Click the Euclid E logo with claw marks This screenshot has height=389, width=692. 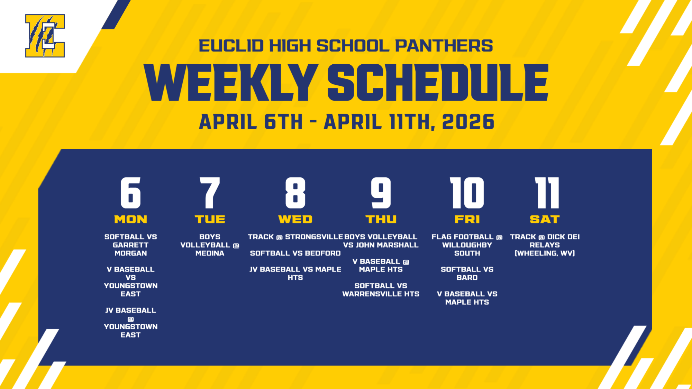click(x=45, y=36)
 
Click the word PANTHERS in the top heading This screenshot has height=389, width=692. click(x=444, y=46)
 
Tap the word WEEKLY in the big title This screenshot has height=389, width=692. click(x=231, y=83)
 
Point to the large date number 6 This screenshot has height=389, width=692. click(x=131, y=193)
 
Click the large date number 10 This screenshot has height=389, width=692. click(x=467, y=193)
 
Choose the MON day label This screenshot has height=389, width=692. click(x=131, y=219)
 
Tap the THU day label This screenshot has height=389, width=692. click(x=381, y=219)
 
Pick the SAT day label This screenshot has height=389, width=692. click(x=545, y=219)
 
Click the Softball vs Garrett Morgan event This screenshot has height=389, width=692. click(x=131, y=245)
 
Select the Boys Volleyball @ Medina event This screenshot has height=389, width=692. click(x=210, y=245)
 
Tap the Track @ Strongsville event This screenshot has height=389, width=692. click(x=295, y=237)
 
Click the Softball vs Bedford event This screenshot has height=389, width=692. click(x=295, y=253)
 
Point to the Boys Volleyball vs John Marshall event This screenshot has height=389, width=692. click(x=381, y=241)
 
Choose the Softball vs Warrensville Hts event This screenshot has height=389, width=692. click(x=381, y=290)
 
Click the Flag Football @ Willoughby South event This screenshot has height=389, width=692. click(x=467, y=245)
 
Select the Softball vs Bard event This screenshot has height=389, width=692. click(x=467, y=273)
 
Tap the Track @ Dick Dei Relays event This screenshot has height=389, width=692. click(x=545, y=245)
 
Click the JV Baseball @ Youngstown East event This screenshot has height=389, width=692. click(x=131, y=322)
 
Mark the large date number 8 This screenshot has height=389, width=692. click(x=295, y=193)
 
